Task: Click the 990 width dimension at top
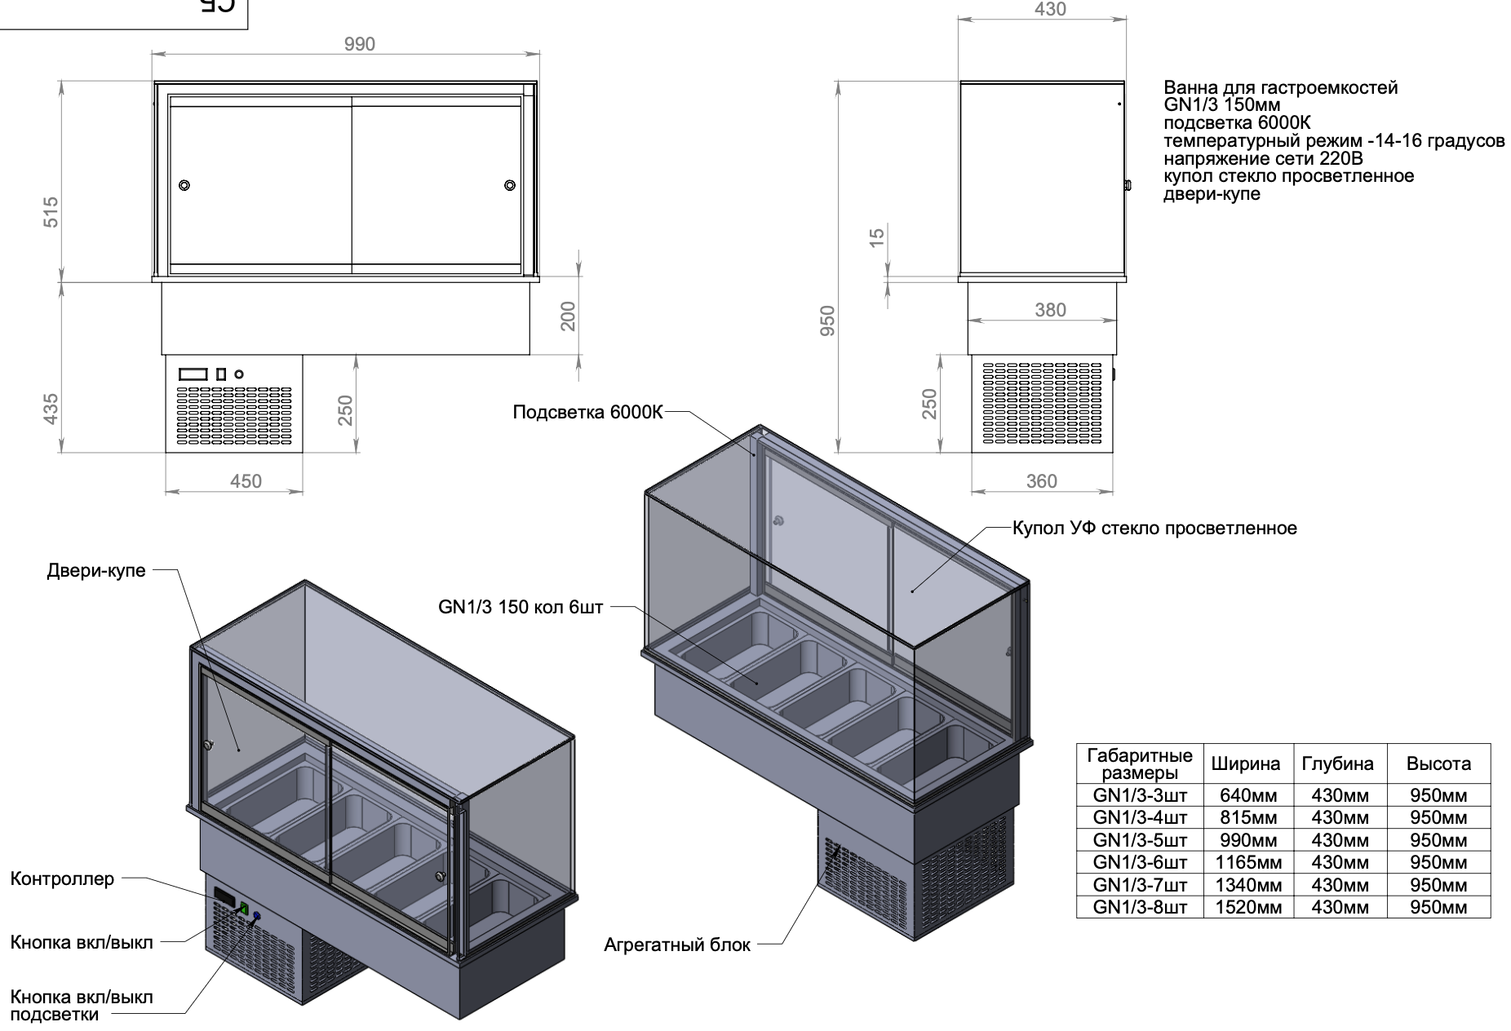359,44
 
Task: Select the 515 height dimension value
50,212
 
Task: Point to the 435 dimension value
50,409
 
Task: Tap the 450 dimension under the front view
246,481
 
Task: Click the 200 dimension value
568,316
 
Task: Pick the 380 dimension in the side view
1050,310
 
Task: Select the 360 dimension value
1041,481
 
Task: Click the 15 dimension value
876,237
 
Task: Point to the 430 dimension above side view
1049,9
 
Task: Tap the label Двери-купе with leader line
96,571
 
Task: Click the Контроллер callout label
62,879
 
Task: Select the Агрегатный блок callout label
677,945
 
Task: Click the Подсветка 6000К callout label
587,413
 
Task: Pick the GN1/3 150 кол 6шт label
521,608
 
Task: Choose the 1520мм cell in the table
1248,907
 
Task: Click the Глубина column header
1337,764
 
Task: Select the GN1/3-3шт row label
1140,795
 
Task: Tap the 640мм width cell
1248,795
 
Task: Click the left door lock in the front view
185,185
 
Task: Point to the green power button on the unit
243,906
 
